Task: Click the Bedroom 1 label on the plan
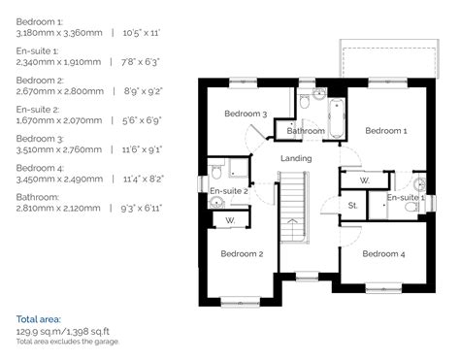[385, 130]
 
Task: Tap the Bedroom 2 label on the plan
[241, 254]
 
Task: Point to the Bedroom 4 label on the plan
[383, 254]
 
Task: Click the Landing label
[296, 158]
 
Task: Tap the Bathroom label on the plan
[305, 130]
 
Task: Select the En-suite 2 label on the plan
[229, 191]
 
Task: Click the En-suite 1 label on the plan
[406, 197]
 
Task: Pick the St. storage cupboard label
[352, 206]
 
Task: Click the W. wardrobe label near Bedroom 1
[365, 180]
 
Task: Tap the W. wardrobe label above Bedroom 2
[229, 220]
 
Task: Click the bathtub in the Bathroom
[335, 118]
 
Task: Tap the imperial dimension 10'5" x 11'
[138, 33]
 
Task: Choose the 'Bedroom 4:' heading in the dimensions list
[40, 167]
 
